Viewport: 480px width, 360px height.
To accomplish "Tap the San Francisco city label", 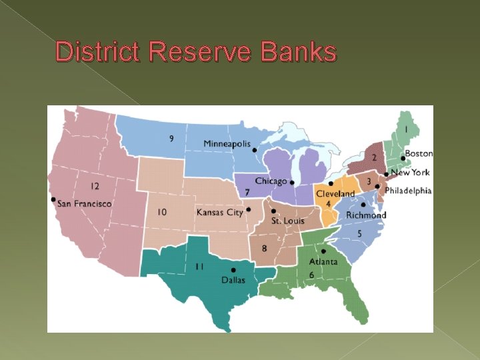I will pyautogui.click(x=84, y=203).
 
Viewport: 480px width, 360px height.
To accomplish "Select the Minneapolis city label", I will pyautogui.click(x=227, y=144).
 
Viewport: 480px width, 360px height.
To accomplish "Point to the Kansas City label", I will pyautogui.click(x=220, y=212).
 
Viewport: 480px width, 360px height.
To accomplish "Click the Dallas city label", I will pyautogui.click(x=233, y=280).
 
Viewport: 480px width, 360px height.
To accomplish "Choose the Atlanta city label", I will pyautogui.click(x=323, y=261).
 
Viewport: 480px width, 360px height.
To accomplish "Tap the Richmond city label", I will pyautogui.click(x=366, y=215).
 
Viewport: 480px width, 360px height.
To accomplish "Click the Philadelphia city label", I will pyautogui.click(x=407, y=191).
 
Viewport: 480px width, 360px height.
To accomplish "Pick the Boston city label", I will pyautogui.click(x=419, y=153).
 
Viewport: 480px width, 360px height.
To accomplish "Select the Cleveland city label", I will pyautogui.click(x=335, y=194).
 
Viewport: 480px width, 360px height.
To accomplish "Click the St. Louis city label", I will pyautogui.click(x=287, y=221).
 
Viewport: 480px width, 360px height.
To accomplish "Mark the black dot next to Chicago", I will pyautogui.click(x=292, y=181).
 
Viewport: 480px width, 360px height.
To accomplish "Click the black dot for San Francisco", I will pyautogui.click(x=53, y=199).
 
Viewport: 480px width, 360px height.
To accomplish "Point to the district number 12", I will pyautogui.click(x=96, y=187).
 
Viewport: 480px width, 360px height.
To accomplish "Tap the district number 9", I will pyautogui.click(x=172, y=139).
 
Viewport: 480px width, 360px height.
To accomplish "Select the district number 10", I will pyautogui.click(x=162, y=212).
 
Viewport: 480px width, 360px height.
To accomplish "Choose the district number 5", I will pyautogui.click(x=359, y=233).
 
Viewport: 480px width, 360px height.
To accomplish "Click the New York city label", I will pyautogui.click(x=411, y=173).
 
